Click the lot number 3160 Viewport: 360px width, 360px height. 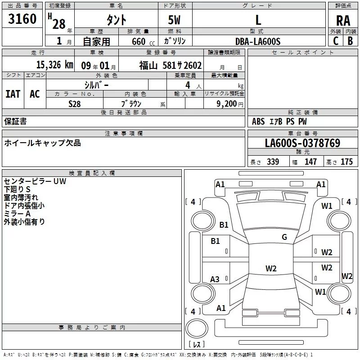click(x=22, y=19)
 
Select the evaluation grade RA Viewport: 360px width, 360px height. click(x=343, y=21)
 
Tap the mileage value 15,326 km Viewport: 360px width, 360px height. click(x=55, y=65)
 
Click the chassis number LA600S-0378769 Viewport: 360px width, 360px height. click(x=302, y=143)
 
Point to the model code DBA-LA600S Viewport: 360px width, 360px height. click(x=258, y=41)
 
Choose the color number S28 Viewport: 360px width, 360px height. click(x=75, y=104)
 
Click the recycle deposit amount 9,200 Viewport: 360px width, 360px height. click(x=227, y=104)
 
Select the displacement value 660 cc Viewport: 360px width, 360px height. click(x=143, y=41)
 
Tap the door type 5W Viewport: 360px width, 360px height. click(x=174, y=20)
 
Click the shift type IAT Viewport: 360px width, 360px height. click(x=13, y=94)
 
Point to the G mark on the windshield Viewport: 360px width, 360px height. click(x=284, y=237)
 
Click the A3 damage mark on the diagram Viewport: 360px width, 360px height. click(x=215, y=279)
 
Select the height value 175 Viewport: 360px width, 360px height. click(x=346, y=162)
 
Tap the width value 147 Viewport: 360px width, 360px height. click(x=310, y=162)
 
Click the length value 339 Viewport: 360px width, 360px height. click(x=273, y=162)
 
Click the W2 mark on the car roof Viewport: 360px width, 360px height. click(x=271, y=268)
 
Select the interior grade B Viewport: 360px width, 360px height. click(x=351, y=41)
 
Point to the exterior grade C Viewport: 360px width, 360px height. click(x=336, y=41)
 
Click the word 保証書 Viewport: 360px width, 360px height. click(x=15, y=121)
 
